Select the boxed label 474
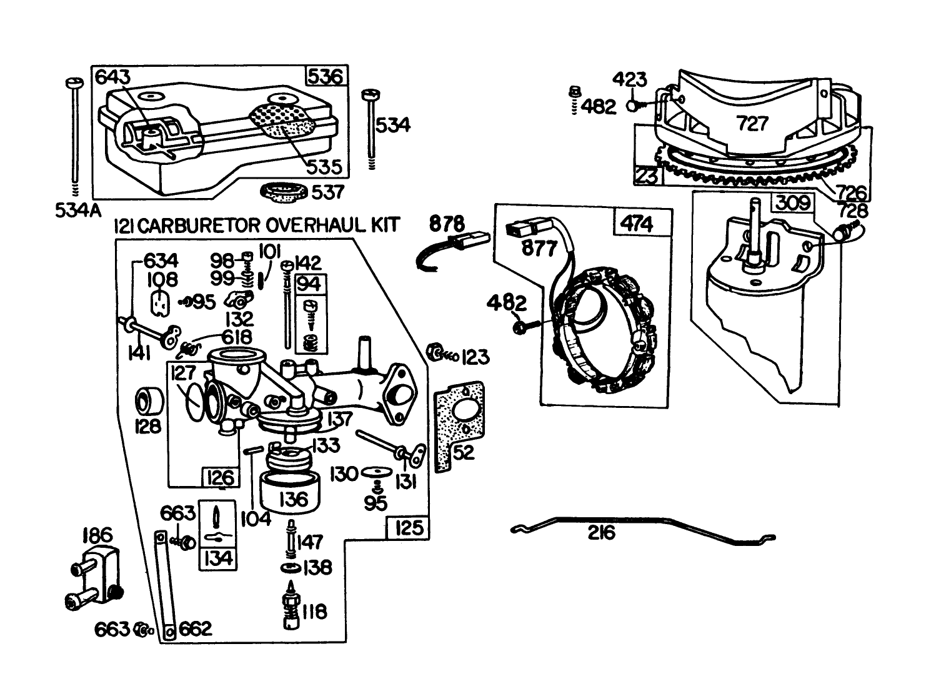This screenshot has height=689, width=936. [637, 223]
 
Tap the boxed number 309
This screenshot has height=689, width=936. [794, 203]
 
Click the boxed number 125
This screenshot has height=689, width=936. [409, 528]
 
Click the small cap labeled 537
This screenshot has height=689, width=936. [284, 192]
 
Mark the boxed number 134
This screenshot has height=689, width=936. [218, 557]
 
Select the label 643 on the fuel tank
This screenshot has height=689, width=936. [113, 77]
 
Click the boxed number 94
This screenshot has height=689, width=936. [309, 284]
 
